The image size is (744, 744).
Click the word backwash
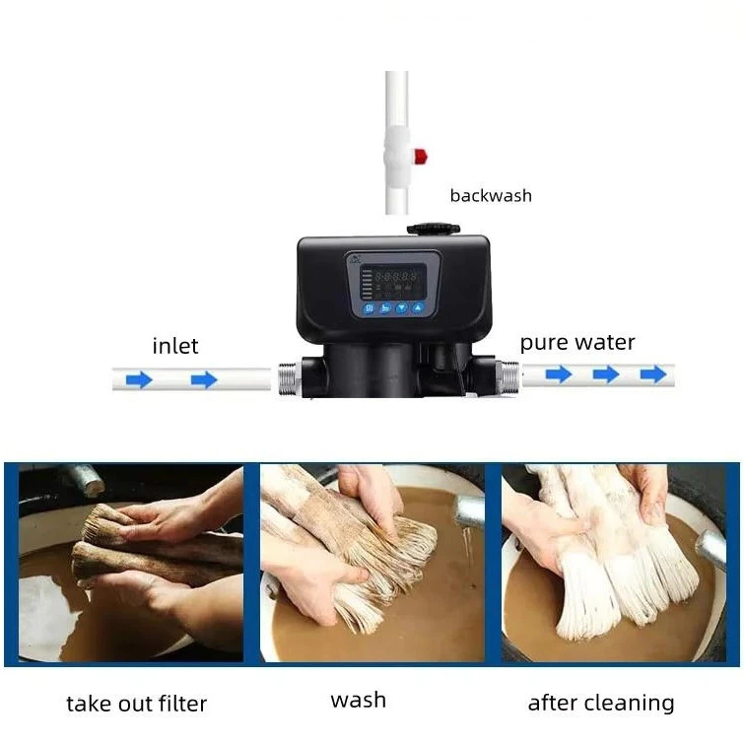coord(491,195)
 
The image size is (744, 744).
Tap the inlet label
coord(175,346)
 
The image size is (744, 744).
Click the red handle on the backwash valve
coord(421,156)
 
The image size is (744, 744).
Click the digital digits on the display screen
coord(396,276)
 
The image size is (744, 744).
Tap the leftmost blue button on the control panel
coord(370,308)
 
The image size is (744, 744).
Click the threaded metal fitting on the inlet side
coord(289,378)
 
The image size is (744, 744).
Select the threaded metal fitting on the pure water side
coord(507,376)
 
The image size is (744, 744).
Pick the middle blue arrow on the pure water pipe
coord(606,374)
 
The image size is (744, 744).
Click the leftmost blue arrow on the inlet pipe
coord(139,379)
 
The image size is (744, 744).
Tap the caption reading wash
coord(359,700)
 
